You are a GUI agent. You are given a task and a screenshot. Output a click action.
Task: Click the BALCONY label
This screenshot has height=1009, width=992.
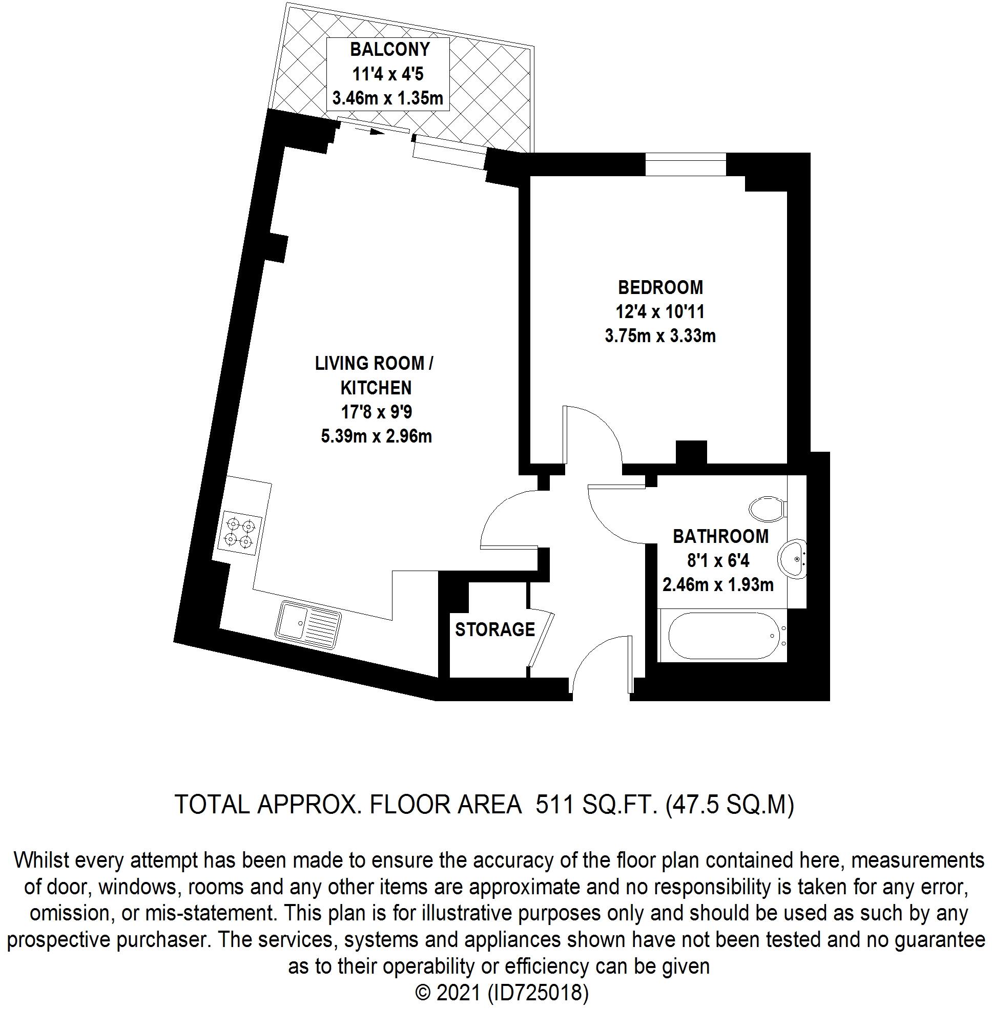point(390,50)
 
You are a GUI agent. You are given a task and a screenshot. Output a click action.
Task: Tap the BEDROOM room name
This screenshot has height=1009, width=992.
point(660,287)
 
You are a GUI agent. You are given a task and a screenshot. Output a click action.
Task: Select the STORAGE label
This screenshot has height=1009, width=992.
point(495,629)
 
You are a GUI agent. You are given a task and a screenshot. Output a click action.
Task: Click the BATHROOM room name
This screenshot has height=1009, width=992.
point(720,536)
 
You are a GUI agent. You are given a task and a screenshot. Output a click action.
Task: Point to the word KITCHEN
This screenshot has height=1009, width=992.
point(376,388)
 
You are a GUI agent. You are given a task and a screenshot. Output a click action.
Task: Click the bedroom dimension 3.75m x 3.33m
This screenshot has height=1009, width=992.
point(660,336)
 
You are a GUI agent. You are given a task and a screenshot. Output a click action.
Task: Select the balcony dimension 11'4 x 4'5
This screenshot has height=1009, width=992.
point(388,74)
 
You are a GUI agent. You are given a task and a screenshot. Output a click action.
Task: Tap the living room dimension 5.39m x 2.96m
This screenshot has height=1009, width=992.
point(376,436)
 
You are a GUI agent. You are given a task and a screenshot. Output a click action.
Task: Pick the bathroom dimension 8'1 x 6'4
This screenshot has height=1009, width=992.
point(718,560)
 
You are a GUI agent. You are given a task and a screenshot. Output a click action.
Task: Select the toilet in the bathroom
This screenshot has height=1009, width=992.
point(768,508)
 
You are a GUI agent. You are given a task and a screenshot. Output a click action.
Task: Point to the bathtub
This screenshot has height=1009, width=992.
point(725,636)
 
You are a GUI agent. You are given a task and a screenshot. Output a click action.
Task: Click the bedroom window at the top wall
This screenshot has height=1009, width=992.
point(686,164)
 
